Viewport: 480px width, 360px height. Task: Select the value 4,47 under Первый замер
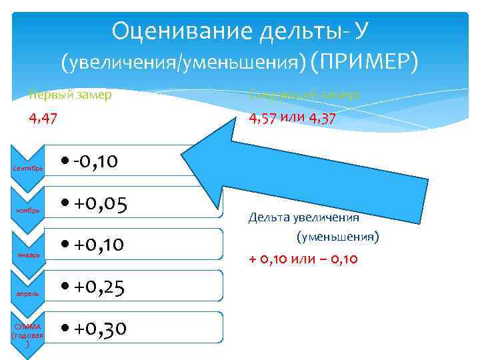[43, 119]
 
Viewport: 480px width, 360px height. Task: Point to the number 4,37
[318, 119]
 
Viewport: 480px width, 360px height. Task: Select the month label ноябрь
[28, 211]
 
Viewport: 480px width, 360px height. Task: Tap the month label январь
[28, 255]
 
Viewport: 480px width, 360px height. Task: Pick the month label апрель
[28, 293]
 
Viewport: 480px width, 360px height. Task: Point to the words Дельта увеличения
[303, 217]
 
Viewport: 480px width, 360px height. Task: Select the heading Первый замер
[69, 95]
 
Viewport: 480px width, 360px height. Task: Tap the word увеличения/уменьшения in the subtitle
[183, 63]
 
